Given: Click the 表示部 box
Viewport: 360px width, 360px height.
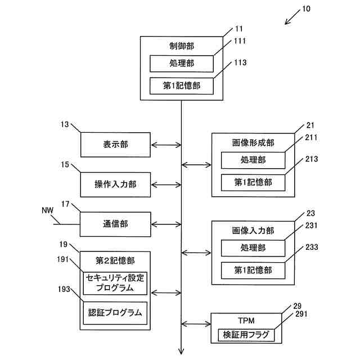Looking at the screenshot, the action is (x=115, y=145).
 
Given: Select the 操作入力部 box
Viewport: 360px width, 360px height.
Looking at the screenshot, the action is (x=115, y=184).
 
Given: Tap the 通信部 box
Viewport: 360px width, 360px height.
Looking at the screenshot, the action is (x=115, y=224).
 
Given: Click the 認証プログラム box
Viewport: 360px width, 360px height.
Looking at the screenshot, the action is (x=115, y=313).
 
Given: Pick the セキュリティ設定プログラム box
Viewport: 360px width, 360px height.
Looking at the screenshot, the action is (x=115, y=283).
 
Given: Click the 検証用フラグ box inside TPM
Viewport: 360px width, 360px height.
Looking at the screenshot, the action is (x=246, y=335).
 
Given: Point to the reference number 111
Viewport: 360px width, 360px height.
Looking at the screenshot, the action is (x=240, y=41).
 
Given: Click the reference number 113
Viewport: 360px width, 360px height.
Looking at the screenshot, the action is (x=240, y=62).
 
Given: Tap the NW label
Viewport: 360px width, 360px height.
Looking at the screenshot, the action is (x=47, y=210).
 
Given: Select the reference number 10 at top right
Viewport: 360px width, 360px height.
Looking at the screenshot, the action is (x=306, y=9).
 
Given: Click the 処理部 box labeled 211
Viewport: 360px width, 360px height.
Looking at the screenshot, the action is (x=253, y=160).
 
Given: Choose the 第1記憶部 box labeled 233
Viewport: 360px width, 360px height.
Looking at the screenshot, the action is (x=253, y=271).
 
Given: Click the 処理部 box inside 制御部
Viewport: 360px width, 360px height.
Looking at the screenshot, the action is (x=182, y=64).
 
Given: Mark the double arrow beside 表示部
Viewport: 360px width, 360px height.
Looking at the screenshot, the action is (x=166, y=145).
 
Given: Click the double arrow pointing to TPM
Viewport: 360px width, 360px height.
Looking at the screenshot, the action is (x=196, y=324).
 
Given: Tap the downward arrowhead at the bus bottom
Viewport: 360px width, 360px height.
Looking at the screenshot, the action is (x=181, y=352).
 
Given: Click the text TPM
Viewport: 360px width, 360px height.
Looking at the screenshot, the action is (x=246, y=321).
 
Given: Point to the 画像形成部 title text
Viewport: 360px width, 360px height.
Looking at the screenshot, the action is (x=253, y=143).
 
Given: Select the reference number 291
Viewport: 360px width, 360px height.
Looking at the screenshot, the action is (x=301, y=314).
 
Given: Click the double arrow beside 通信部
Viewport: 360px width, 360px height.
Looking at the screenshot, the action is (x=166, y=224).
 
